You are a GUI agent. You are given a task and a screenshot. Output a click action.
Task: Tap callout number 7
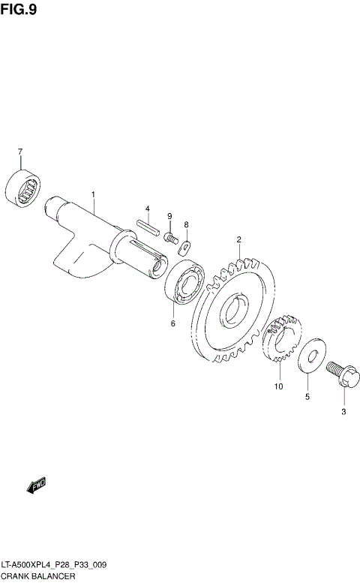point(20,152)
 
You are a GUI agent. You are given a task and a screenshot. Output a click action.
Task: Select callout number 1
point(93,194)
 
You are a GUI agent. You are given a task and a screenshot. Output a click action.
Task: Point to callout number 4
point(148,208)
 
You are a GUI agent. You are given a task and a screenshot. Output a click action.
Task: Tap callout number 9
point(169,217)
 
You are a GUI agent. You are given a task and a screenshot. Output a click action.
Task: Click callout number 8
point(186,224)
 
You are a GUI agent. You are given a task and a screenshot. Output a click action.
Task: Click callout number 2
point(238,240)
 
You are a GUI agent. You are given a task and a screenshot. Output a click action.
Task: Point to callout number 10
point(278,387)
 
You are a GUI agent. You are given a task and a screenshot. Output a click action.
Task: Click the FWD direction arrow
point(36,486)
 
